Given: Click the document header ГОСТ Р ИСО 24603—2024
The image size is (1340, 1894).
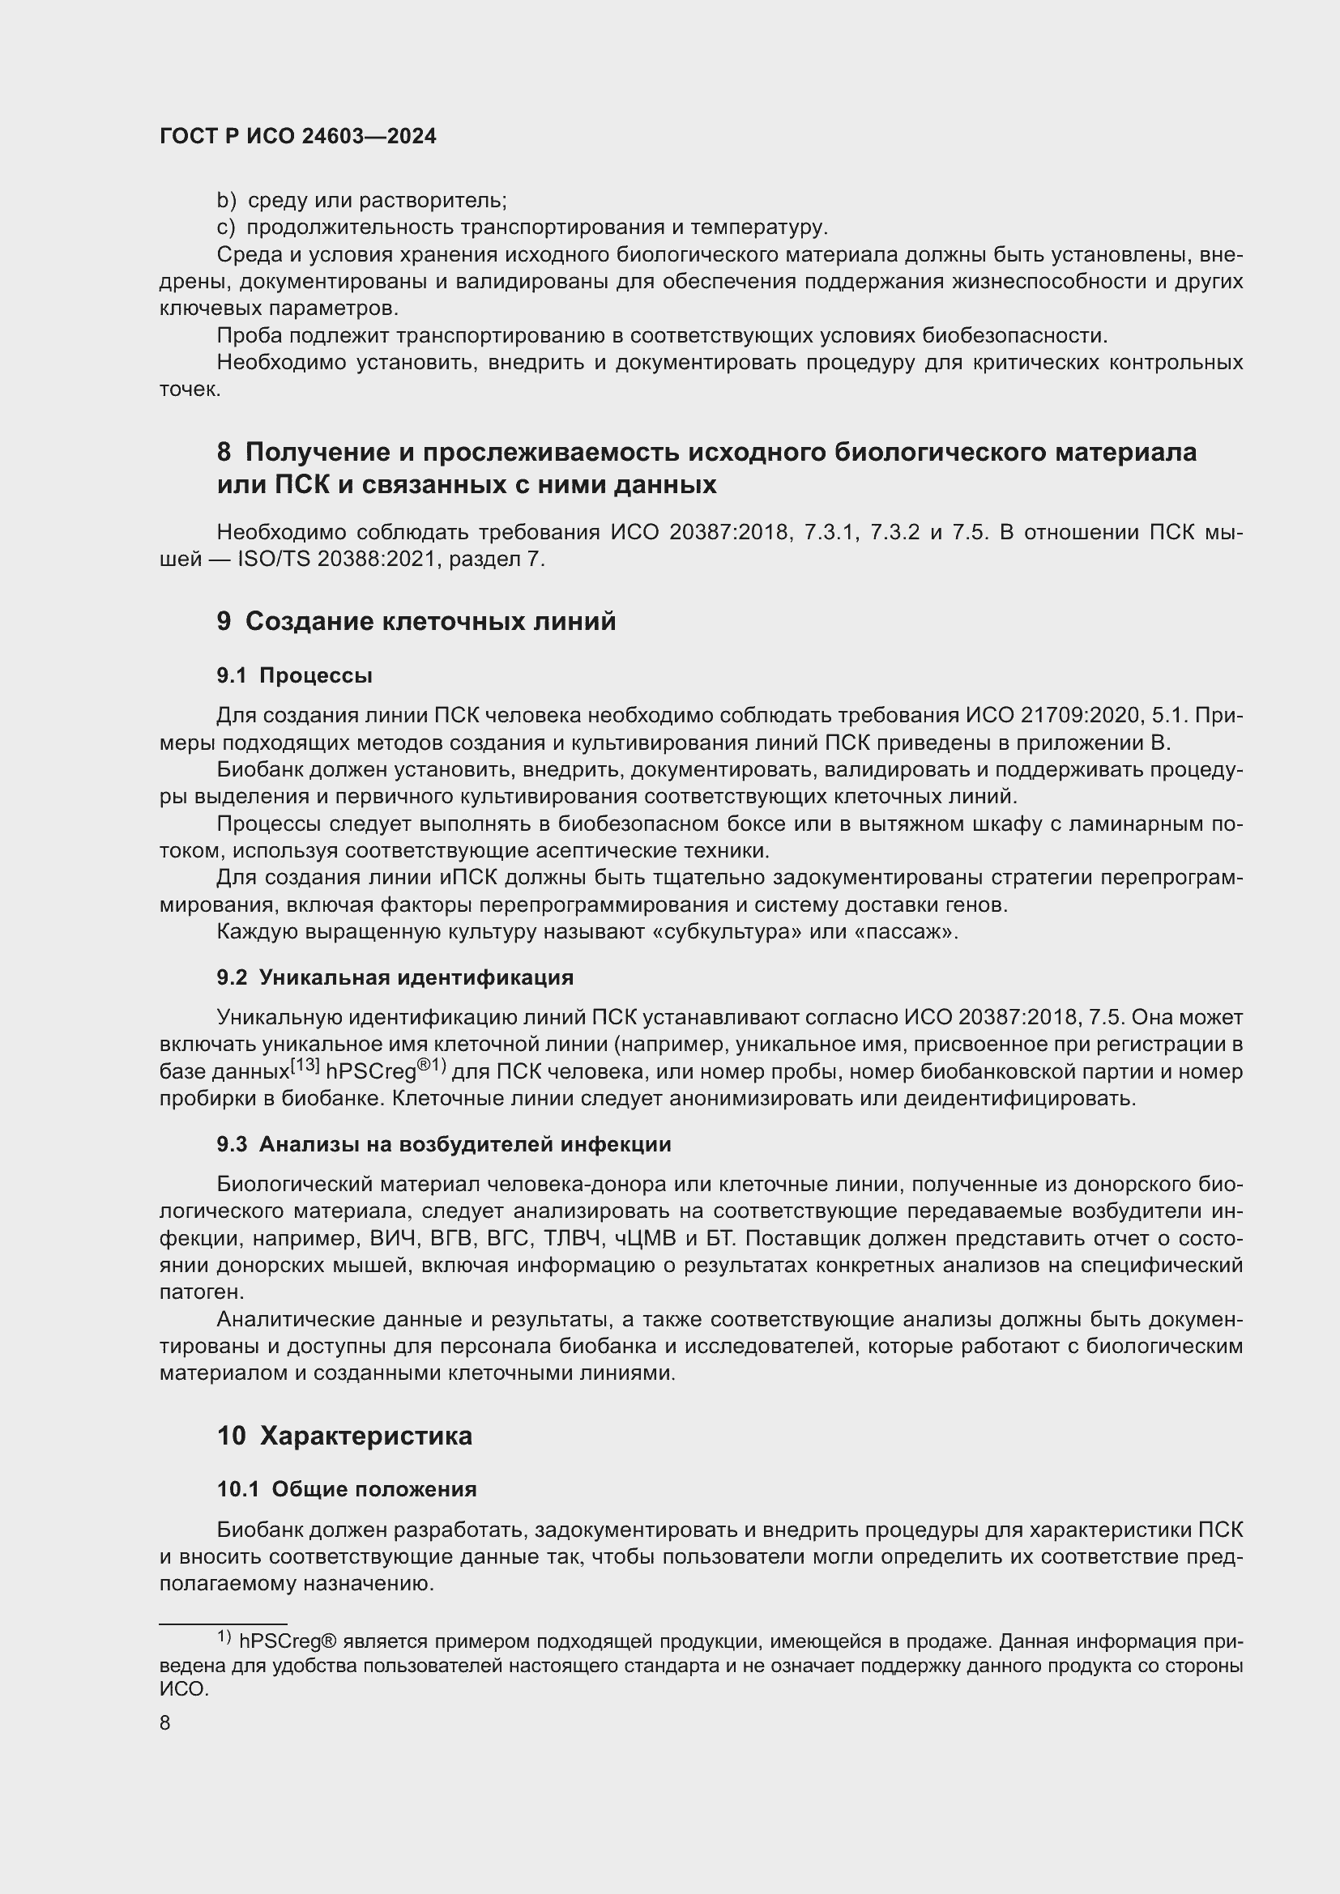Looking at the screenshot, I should [x=298, y=137].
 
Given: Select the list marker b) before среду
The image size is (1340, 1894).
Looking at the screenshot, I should [x=226, y=201].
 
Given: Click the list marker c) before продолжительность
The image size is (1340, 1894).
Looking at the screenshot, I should [x=225, y=228].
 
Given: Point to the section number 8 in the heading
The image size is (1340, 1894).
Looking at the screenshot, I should [x=224, y=452].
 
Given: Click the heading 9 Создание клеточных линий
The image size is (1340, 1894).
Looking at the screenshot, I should [x=416, y=621].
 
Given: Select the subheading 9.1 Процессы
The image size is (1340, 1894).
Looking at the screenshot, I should [x=294, y=675].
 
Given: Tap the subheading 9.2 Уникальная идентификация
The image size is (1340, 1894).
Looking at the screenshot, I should [x=395, y=977].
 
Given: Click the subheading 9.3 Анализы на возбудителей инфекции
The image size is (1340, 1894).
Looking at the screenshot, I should [x=443, y=1144].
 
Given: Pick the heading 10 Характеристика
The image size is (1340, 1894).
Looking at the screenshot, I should [x=344, y=1436].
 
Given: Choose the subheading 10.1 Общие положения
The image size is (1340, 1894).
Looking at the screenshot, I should [x=347, y=1489].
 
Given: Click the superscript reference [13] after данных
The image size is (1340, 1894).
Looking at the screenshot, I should [x=305, y=1065].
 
